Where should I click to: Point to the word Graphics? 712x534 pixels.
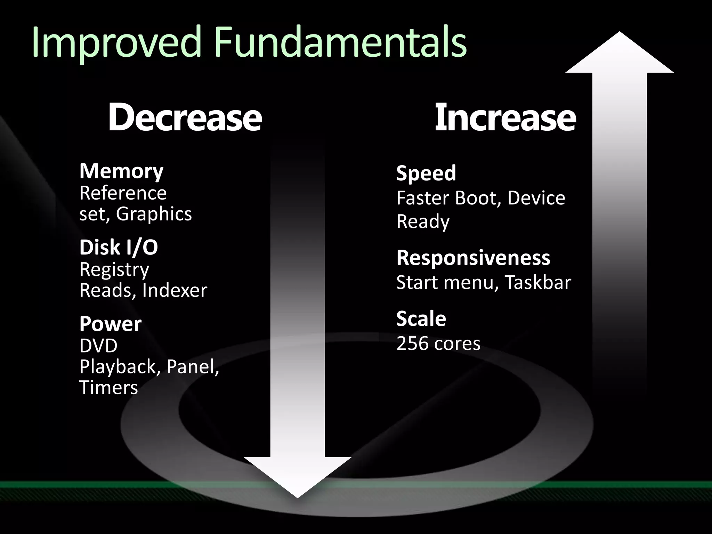pyautogui.click(x=154, y=214)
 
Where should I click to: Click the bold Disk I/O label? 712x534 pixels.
pyautogui.click(x=119, y=248)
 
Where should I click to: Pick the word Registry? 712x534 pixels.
pyautogui.click(x=114, y=270)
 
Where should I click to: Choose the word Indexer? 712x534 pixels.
pyautogui.click(x=175, y=291)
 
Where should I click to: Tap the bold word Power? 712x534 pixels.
pyautogui.click(x=110, y=324)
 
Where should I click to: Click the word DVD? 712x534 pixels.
pyautogui.click(x=98, y=346)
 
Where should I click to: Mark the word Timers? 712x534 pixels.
pyautogui.click(x=108, y=388)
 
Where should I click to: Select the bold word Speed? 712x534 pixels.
pyautogui.click(x=426, y=173)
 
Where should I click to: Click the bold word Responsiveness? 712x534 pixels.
pyautogui.click(x=473, y=258)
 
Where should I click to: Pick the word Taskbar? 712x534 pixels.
pyautogui.click(x=538, y=282)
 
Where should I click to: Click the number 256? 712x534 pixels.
pyautogui.click(x=412, y=343)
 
